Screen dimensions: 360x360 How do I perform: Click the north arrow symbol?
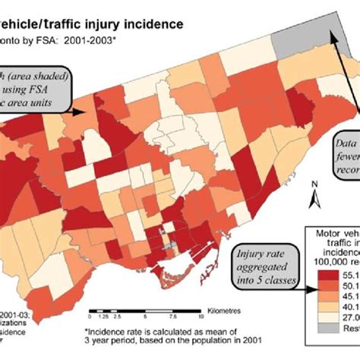pos(312,198)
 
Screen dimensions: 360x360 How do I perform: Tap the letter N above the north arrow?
pos(313,185)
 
